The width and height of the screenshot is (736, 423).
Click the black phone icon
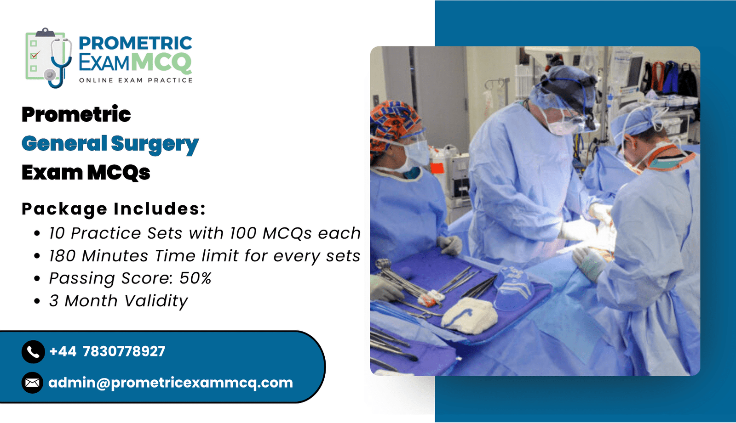tap(33, 352)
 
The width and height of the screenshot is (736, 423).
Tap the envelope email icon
tap(33, 383)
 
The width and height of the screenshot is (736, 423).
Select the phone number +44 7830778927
tap(107, 351)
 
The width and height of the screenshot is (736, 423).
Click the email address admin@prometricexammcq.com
tap(171, 383)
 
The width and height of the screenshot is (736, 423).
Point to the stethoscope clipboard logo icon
tap(49, 58)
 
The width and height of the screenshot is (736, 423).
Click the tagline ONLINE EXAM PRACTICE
tap(136, 80)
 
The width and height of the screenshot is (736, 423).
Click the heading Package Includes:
tap(114, 209)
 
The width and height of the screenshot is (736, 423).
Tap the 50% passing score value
tap(195, 278)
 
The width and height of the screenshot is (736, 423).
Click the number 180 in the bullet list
tap(63, 256)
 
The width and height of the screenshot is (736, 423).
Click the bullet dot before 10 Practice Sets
tap(37, 233)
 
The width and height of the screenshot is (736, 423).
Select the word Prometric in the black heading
tap(76, 114)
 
